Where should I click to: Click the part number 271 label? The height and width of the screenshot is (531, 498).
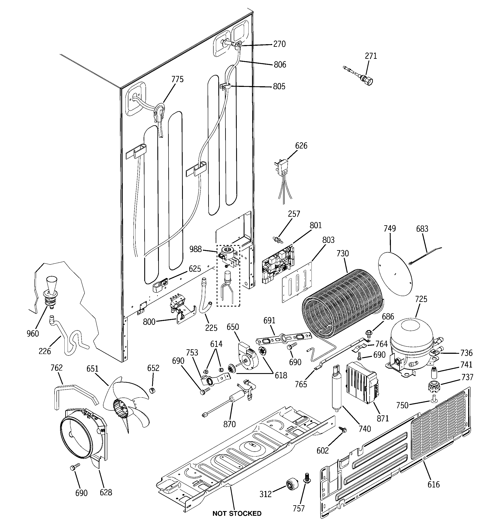click(x=371, y=56)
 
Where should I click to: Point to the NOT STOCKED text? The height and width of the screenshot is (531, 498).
click(x=237, y=513)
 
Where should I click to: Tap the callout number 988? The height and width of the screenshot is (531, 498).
click(x=195, y=249)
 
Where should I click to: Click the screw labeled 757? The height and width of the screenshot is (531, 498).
click(x=307, y=479)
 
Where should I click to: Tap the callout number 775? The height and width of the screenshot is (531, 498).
click(x=178, y=79)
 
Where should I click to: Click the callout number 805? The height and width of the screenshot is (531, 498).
click(x=279, y=86)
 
